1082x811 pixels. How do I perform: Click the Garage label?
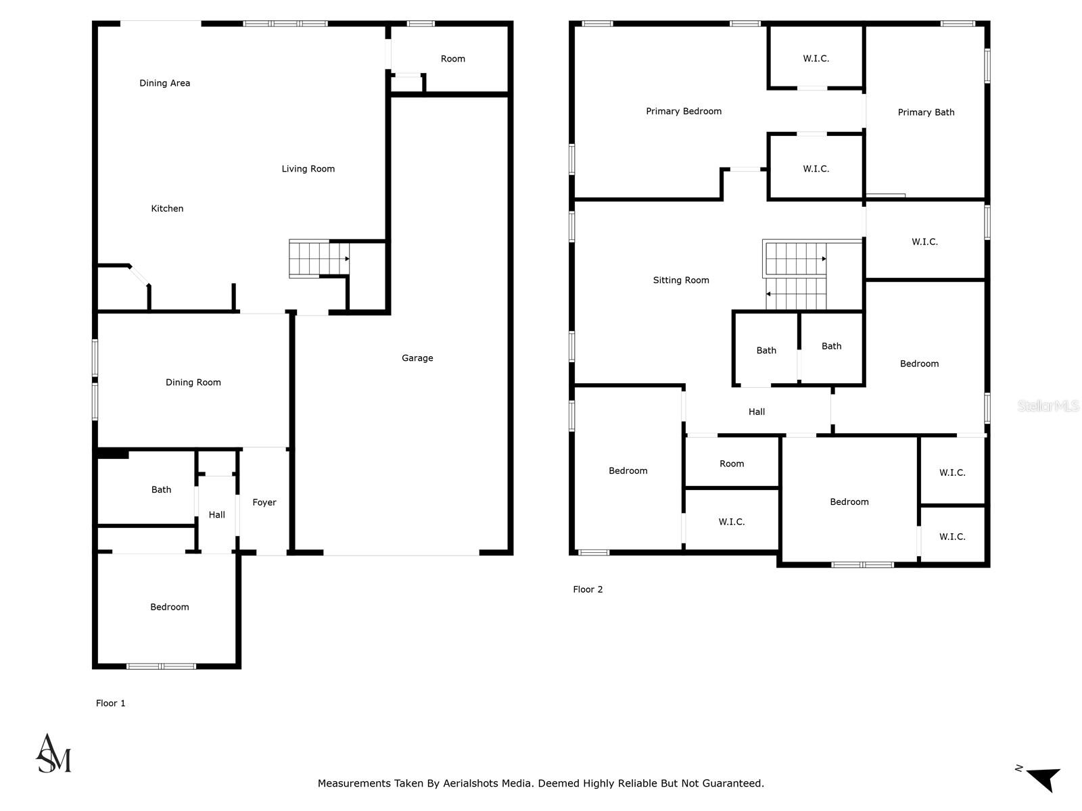417,358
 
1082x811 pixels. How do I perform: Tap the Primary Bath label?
926,112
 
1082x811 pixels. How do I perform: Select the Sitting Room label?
681,280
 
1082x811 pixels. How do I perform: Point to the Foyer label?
264,502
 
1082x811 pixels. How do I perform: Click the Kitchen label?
167,208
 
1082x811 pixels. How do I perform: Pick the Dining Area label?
164,83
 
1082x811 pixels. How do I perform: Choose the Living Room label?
308,169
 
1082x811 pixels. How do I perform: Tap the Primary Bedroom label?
684,112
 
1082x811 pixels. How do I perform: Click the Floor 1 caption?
111,703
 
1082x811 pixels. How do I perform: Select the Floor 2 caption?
588,589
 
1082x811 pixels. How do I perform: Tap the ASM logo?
53,754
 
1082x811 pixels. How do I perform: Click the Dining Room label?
193,383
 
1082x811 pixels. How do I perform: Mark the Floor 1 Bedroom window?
162,666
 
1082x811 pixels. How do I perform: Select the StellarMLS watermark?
1048,405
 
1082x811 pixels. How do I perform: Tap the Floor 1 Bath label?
161,490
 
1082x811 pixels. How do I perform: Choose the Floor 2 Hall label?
757,412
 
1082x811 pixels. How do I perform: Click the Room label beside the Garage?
452,59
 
